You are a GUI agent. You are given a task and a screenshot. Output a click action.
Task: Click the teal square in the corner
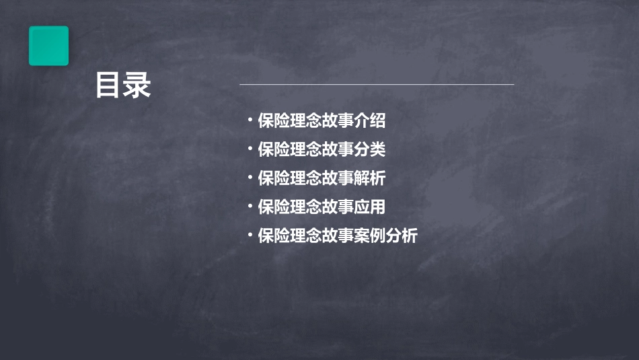tap(48, 46)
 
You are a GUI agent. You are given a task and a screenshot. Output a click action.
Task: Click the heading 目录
tap(123, 85)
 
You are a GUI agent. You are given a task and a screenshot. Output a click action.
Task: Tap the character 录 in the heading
tap(137, 85)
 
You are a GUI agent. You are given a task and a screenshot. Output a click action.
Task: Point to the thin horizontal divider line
tap(377, 85)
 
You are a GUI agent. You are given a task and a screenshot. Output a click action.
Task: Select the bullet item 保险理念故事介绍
tap(322, 121)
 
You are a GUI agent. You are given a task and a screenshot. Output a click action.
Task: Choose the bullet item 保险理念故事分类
tap(322, 149)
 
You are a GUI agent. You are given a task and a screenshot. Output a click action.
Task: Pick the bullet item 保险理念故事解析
tap(322, 178)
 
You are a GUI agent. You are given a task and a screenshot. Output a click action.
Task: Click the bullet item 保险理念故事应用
tap(322, 207)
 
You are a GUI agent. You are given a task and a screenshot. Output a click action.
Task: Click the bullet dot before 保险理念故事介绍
tap(250, 121)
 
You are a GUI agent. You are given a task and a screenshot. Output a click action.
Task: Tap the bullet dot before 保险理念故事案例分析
tap(250, 236)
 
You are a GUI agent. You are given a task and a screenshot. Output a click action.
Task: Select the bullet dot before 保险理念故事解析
tap(250, 178)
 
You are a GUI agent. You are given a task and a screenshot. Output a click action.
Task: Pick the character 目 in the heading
tap(108, 85)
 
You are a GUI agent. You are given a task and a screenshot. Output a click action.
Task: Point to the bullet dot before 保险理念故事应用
tap(250, 207)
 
